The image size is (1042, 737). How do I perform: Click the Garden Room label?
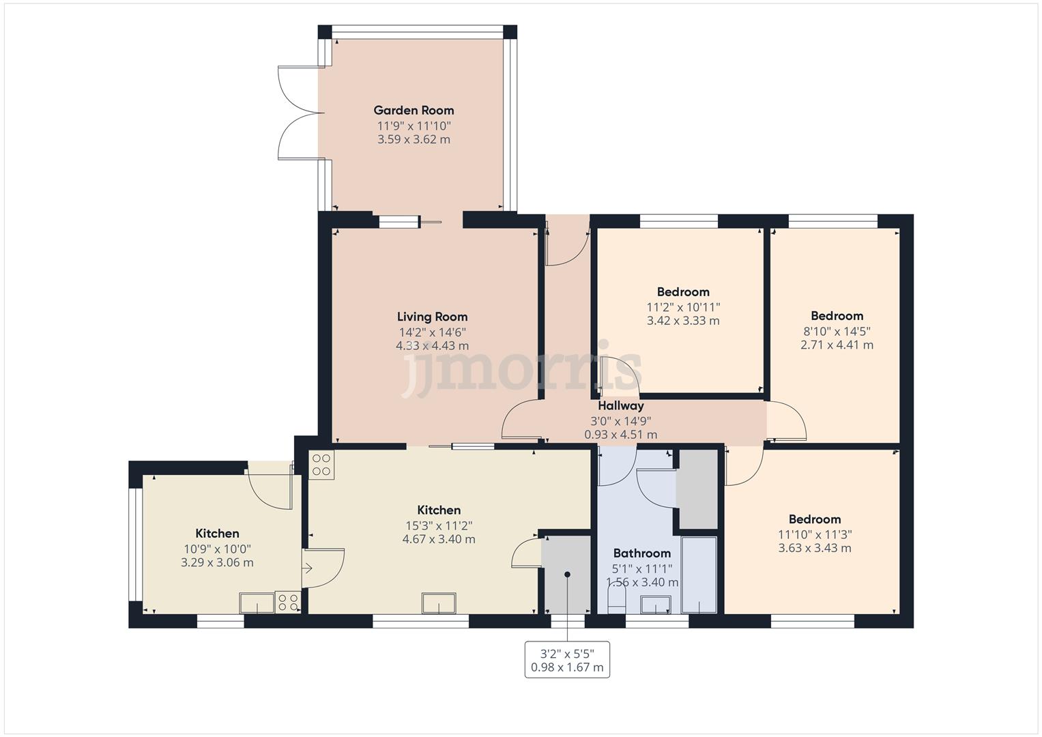pos(414,110)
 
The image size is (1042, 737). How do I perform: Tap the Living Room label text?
pos(432,317)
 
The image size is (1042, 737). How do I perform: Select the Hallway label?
pos(620,405)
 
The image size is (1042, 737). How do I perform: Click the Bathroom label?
pos(641,553)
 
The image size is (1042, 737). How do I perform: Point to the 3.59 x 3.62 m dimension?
pos(414,139)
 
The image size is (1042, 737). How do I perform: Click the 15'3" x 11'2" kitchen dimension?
pos(439,525)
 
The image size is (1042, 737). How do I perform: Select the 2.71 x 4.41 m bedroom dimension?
pos(837,345)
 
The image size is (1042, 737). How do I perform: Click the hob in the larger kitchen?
pos(321,465)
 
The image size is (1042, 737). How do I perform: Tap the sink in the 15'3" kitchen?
pos(439,603)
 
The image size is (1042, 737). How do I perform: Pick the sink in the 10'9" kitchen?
pos(257,603)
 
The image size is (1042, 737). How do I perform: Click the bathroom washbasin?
pos(656,605)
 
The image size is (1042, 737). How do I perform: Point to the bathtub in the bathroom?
pos(699,575)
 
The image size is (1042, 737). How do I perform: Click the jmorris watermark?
pos(521,369)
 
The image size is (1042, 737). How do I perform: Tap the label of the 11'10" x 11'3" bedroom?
pos(814,519)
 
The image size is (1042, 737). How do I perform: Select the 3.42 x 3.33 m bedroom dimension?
pos(683,321)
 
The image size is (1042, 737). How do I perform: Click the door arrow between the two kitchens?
pos(308,567)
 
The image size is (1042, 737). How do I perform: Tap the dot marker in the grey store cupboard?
pos(566,575)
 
